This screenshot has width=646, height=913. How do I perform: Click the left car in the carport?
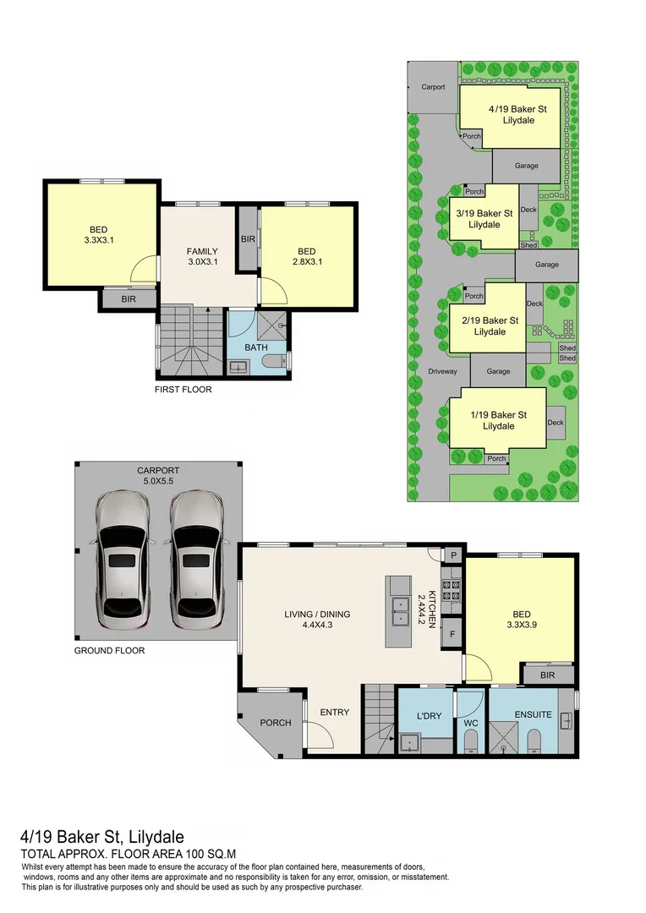(x=123, y=561)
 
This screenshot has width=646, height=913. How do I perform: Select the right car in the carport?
(x=197, y=561)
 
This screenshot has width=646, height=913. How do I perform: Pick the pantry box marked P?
(x=453, y=555)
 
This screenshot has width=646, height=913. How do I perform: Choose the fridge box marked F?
(x=453, y=633)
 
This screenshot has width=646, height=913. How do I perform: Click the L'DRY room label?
(x=424, y=716)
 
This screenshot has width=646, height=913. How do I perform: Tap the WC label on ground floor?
(x=471, y=723)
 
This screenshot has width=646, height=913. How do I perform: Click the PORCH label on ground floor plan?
(x=276, y=723)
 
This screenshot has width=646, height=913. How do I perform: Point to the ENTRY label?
(x=335, y=712)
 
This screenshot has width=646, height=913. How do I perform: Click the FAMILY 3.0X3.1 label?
(x=202, y=256)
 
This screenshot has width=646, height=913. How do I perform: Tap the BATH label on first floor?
(x=256, y=347)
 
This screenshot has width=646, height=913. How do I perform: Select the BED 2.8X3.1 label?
(x=306, y=256)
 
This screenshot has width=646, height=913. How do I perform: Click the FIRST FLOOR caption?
(x=183, y=390)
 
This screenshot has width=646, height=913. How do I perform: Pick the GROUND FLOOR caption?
(x=109, y=651)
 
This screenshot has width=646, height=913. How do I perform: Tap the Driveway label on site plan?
(x=442, y=371)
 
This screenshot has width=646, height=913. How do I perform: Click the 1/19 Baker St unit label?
(x=499, y=420)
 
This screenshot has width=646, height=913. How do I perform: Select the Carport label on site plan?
(x=433, y=86)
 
